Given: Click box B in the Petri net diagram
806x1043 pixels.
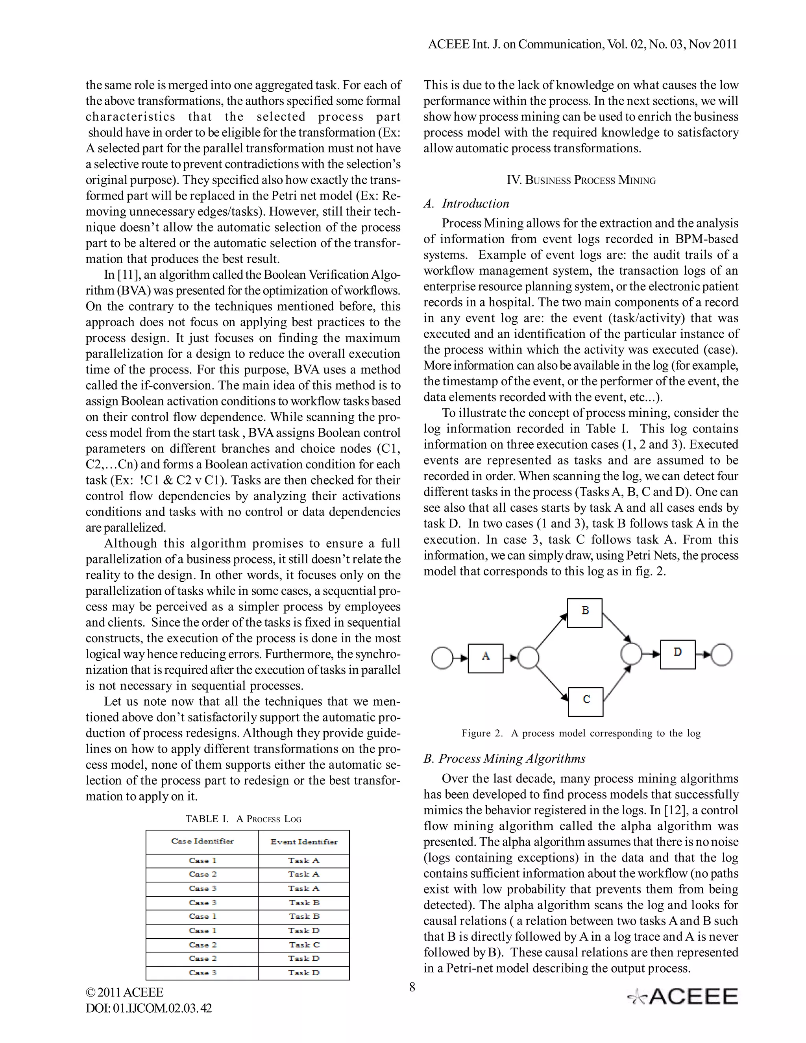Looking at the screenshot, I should point(584,613).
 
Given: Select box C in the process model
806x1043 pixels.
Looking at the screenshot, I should point(585,701).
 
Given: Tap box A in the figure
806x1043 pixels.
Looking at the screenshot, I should point(485,658).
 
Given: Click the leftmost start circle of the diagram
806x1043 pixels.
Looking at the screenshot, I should point(442,658).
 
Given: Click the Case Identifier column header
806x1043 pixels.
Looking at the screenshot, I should point(202,841).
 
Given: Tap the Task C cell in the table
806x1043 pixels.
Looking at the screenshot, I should point(304,945).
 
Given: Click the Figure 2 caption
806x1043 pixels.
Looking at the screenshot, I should point(580,733).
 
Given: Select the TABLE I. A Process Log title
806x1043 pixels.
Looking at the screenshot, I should point(243,819).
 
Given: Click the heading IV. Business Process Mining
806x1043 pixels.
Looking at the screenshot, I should point(580,181).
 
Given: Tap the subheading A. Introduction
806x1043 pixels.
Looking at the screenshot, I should point(466,204).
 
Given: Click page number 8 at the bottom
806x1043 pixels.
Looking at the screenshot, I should point(412,987).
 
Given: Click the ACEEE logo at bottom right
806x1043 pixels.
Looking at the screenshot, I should point(683,997).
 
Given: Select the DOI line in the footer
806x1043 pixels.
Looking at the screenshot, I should point(148,1008).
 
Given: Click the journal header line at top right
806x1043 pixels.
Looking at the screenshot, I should point(582,44).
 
